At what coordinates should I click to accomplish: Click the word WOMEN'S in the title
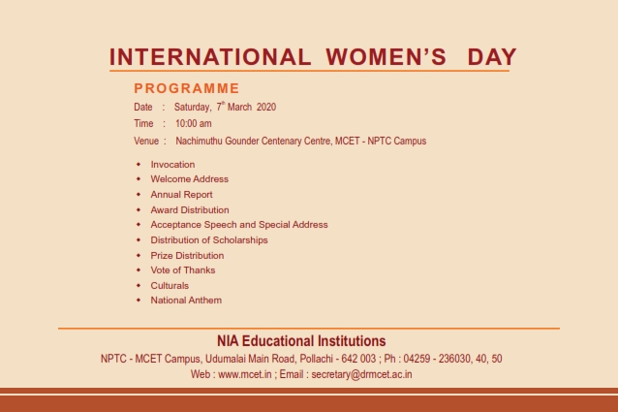[386, 57]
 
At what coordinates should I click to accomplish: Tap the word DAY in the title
[492, 57]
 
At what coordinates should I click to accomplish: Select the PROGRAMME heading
[187, 88]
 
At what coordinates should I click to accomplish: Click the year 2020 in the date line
[266, 108]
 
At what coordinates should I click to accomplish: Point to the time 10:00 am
[194, 124]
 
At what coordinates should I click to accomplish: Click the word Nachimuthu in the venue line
[199, 142]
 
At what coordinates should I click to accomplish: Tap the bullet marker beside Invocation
[139, 164]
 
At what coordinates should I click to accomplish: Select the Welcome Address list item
[190, 179]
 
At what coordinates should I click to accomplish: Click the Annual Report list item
[182, 195]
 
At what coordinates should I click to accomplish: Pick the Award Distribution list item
[190, 209]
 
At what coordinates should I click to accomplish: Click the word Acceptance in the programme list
[175, 225]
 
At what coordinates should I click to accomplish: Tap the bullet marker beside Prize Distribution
[139, 256]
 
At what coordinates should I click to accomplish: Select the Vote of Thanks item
[183, 270]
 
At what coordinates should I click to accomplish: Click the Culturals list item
[170, 285]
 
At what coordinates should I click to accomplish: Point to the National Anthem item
[186, 300]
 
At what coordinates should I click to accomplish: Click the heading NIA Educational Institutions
[301, 341]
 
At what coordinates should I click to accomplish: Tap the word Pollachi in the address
[316, 359]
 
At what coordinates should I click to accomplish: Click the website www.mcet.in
[245, 374]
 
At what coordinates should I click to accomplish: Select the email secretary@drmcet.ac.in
[362, 374]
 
